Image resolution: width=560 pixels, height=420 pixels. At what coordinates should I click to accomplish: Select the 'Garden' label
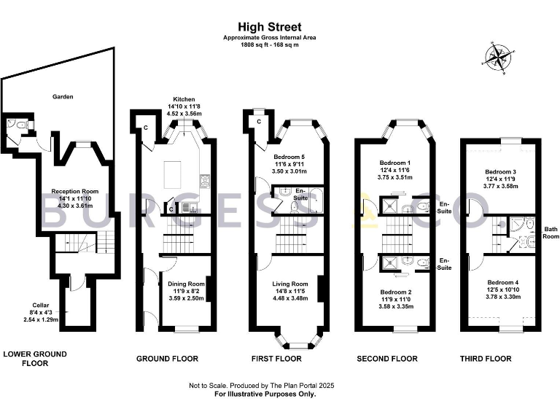coord(62,96)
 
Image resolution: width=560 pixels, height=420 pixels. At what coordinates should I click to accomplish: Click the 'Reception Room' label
coord(74,192)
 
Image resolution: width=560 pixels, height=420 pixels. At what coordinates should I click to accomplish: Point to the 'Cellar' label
coord(40,305)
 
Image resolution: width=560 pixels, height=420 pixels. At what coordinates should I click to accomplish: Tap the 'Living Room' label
coord(290,284)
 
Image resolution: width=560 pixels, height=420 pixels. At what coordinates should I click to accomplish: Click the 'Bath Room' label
coord(550,233)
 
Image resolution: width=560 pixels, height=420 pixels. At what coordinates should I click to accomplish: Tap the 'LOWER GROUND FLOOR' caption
coord(35,358)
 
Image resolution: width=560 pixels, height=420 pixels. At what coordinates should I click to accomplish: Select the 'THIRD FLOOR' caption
coord(486,359)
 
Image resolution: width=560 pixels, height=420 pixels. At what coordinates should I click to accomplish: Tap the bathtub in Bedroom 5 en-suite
coord(314,195)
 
